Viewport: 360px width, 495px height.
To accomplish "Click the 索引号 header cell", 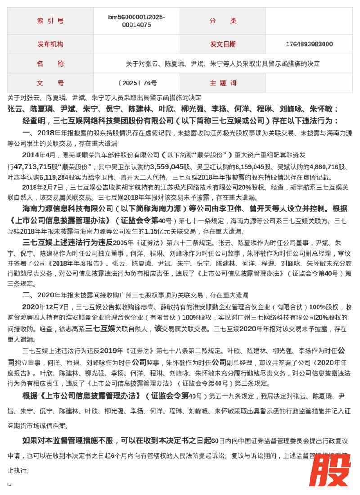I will click(50, 21).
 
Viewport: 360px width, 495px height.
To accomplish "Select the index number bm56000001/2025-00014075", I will click(136, 21).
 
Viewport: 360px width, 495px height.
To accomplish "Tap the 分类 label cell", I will click(223, 21).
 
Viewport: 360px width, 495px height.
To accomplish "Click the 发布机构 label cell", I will click(50, 44).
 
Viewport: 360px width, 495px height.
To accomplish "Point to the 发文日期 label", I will click(223, 44).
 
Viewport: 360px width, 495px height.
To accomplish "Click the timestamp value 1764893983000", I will click(309, 44).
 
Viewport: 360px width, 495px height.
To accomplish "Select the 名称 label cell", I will click(50, 63).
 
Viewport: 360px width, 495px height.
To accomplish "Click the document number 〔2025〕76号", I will click(136, 83).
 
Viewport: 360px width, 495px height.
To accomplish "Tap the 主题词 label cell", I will click(223, 83).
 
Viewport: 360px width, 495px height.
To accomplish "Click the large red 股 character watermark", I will click(329, 470).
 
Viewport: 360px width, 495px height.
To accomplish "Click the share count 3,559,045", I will click(167, 166).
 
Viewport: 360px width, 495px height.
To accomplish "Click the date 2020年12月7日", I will click(46, 307).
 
